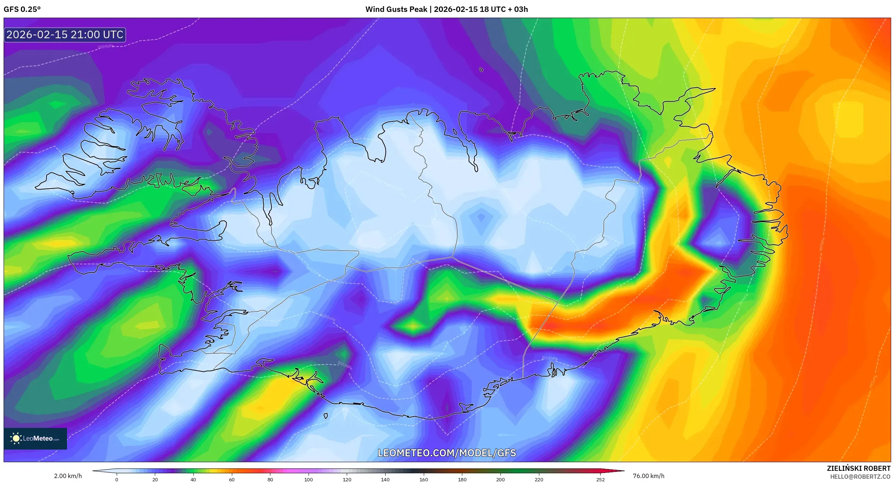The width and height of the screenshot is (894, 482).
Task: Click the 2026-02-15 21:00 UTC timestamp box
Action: tap(65, 35)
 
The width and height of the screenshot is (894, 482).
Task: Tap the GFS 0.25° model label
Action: tap(22, 9)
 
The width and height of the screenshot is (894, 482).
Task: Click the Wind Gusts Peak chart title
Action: tap(446, 9)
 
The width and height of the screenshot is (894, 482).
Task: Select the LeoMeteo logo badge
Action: tap(35, 438)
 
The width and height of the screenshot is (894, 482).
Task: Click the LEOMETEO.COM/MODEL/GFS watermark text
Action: tap(446, 453)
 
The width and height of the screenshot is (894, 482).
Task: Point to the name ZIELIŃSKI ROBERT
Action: tap(858, 468)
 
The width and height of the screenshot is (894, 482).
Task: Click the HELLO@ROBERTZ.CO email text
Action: tap(860, 477)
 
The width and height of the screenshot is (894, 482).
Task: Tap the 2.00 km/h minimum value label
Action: tap(68, 476)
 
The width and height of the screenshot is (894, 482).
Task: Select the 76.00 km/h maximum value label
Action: tap(648, 476)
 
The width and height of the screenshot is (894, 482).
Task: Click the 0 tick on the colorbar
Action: tap(117, 479)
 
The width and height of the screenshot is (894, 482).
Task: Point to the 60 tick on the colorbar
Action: tap(232, 479)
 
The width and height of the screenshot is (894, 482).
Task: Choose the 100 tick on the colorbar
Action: tap(309, 479)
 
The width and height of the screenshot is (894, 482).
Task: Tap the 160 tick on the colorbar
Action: tap(424, 479)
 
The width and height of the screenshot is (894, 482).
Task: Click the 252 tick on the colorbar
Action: tap(600, 479)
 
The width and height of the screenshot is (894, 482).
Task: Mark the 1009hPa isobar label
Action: tap(105, 47)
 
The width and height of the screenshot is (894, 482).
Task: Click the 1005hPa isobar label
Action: tap(328, 317)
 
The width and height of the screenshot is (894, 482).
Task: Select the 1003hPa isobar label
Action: tap(345, 365)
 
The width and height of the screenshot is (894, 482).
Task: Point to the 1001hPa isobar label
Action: tap(549, 358)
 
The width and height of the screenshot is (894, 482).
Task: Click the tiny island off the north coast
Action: tap(481, 70)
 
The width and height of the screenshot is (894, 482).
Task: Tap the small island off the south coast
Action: tap(326, 416)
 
